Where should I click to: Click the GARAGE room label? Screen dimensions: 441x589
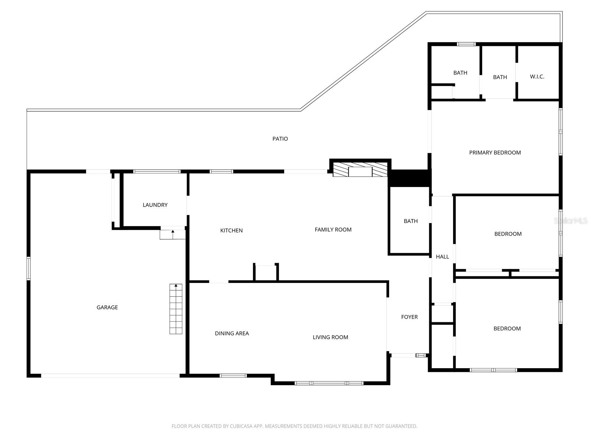click(x=107, y=307)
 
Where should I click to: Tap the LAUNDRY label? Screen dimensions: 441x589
click(x=155, y=205)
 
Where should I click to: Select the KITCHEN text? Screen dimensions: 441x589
click(x=231, y=230)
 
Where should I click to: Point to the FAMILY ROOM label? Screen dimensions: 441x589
click(x=333, y=229)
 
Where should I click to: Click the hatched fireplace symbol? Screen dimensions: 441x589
click(x=360, y=169)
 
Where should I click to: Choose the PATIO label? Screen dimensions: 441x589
click(x=280, y=139)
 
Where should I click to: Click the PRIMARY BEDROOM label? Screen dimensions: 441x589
click(x=495, y=153)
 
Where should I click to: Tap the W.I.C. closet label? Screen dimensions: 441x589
click(x=537, y=76)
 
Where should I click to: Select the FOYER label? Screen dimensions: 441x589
click(x=409, y=317)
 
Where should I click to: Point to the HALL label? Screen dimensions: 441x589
click(x=442, y=257)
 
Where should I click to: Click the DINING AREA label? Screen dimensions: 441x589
click(x=232, y=333)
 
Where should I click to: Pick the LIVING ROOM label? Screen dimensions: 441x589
click(x=330, y=337)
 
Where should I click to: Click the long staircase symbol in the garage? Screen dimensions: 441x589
click(x=176, y=309)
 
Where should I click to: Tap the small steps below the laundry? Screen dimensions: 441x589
click(x=172, y=234)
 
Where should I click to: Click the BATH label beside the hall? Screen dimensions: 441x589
click(x=410, y=221)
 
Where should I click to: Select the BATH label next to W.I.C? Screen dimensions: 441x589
click(x=500, y=77)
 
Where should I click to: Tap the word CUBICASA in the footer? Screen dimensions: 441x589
click(x=243, y=426)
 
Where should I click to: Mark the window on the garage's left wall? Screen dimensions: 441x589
click(x=28, y=269)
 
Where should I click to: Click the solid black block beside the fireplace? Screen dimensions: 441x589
click(x=410, y=178)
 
